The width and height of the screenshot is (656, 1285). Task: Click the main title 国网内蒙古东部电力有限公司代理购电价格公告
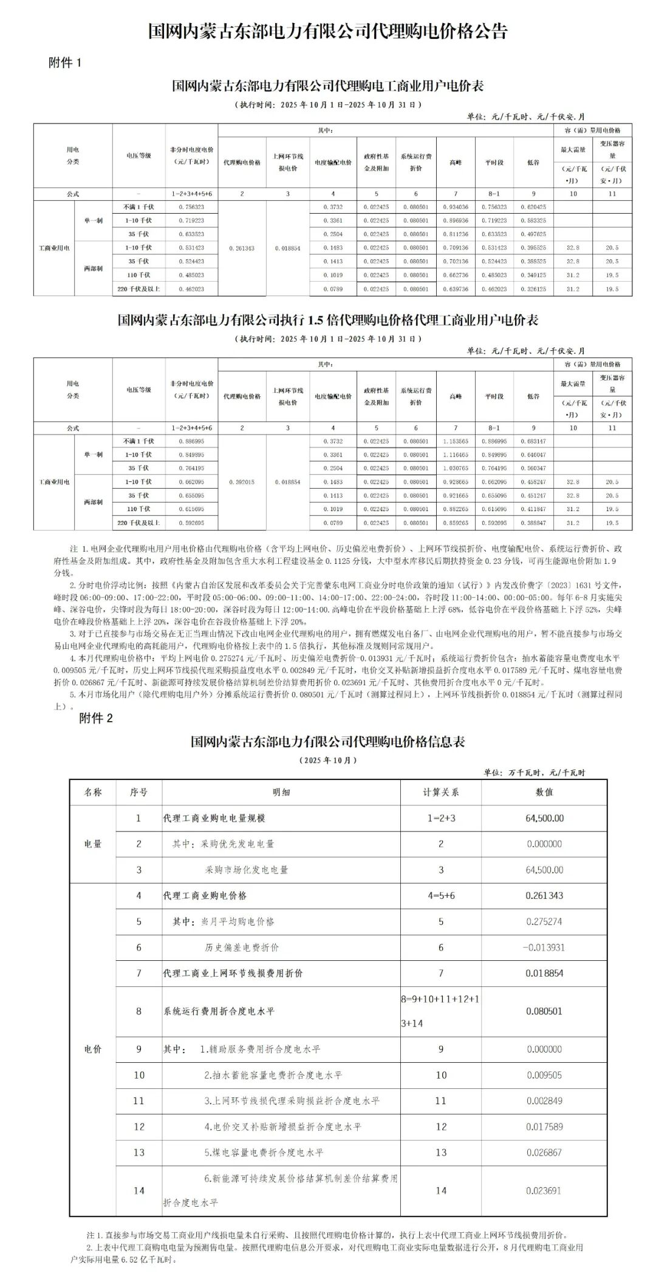(328, 32)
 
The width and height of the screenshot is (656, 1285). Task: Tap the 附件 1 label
(64, 63)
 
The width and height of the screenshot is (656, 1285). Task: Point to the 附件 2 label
(96, 718)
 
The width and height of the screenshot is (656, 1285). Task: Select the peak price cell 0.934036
(456, 207)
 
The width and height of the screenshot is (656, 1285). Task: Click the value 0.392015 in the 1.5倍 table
(242, 482)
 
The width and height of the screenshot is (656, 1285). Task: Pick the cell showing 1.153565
(456, 441)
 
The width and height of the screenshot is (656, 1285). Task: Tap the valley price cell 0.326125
(533, 289)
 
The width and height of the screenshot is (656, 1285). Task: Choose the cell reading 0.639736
(456, 289)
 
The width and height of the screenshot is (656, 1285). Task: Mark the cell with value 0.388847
(533, 523)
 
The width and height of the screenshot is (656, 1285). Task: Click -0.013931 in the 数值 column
(544, 948)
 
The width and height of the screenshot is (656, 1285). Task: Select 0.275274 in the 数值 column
(544, 921)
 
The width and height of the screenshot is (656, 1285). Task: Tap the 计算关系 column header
(441, 792)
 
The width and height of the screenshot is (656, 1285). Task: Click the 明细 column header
(281, 792)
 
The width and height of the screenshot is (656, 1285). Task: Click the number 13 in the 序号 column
(139, 1152)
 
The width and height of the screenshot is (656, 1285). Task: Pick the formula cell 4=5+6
(441, 895)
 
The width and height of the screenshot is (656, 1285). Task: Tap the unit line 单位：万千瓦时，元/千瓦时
(534, 773)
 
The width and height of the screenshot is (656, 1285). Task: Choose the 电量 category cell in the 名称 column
(93, 844)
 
